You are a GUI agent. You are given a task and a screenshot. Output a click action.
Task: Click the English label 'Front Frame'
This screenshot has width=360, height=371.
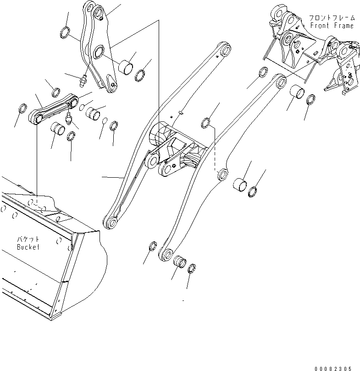coord(332,26)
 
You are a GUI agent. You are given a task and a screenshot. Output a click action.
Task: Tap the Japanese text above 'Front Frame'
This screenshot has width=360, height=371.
coord(332,18)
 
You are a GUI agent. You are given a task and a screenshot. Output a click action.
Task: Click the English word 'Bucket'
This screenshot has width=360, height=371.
coord(28,247)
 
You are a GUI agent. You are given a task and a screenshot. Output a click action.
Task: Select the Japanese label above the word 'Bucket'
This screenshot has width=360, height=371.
coord(28,240)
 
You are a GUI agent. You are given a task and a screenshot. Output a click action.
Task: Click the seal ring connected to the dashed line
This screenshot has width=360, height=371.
coord(206,122)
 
